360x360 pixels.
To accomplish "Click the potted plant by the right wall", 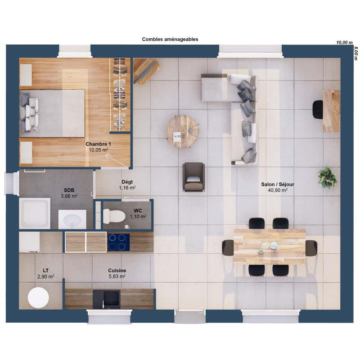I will (327, 177).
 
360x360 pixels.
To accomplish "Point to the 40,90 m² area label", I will (274, 190).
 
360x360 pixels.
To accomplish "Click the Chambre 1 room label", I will (98, 144).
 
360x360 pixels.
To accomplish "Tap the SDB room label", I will (69, 190).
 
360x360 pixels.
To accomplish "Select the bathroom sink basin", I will (72, 221).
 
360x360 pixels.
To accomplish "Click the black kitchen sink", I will (107, 298).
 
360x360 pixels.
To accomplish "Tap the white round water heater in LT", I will (38, 298).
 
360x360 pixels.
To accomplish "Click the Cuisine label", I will (117, 270).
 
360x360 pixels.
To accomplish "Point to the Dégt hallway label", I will (127, 182).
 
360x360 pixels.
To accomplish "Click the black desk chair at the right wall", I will (318, 109).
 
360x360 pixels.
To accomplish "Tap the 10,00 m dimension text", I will (344, 43).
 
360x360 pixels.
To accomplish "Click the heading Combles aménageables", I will (170, 40).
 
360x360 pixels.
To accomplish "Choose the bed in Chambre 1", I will (52, 113).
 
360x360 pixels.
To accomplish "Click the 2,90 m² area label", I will (45, 277).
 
